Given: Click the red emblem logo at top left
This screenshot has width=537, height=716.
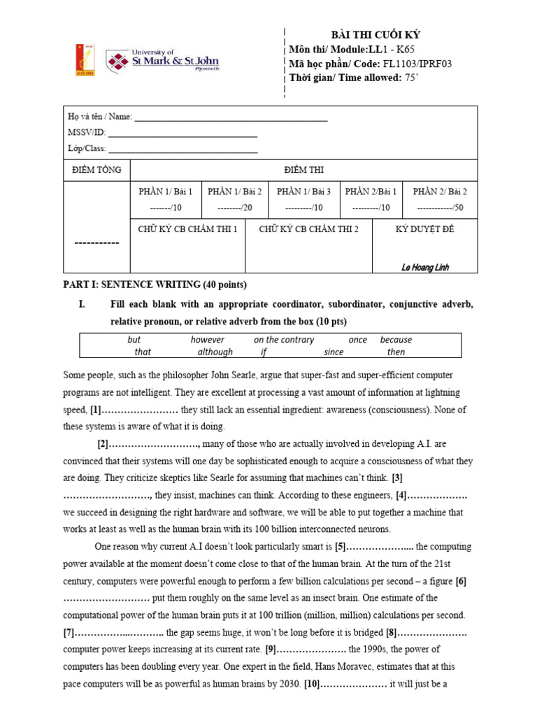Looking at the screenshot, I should click(85, 60).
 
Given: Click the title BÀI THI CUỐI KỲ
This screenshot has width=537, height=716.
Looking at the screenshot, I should click(375, 36).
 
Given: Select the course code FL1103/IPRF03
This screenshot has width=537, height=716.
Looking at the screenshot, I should click(418, 64).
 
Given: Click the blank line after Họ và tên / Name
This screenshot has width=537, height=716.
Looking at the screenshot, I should click(231, 117).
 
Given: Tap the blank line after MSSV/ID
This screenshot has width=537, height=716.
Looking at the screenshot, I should click(182, 133).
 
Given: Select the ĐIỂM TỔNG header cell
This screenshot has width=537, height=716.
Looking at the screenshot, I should click(97, 170).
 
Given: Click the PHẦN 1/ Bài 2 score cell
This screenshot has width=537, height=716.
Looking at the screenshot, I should click(235, 200).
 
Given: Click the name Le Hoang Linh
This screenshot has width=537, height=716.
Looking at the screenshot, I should click(425, 267).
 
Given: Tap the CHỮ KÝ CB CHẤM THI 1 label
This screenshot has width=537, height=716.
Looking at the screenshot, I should click(187, 229).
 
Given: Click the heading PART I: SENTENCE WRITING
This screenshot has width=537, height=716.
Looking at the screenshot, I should click(155, 285).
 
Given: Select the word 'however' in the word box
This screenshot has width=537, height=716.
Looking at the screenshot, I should click(208, 340).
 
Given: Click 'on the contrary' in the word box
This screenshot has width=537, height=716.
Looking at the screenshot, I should click(284, 340).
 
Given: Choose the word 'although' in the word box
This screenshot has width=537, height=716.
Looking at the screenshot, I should click(215, 352).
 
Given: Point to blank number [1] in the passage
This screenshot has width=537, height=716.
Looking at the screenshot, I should click(133, 410).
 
